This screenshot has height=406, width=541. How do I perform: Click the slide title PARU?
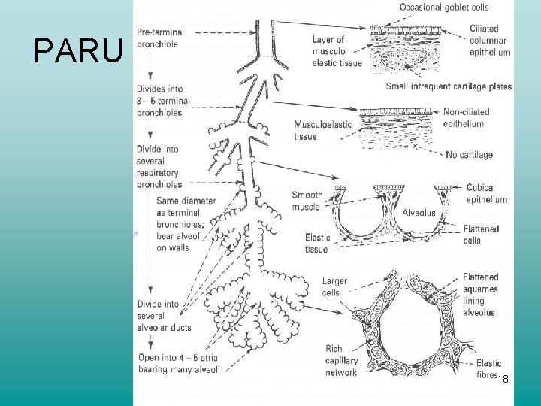[78, 51]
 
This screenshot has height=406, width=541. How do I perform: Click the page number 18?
[503, 380]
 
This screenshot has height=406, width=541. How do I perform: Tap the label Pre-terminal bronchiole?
[161, 38]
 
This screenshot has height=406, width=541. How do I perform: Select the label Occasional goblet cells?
[444, 8]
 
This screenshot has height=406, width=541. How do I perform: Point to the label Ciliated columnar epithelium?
[488, 41]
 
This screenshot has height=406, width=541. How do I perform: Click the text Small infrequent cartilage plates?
[449, 86]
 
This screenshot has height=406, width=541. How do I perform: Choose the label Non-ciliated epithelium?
[466, 117]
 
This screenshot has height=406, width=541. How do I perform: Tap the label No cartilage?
[468, 155]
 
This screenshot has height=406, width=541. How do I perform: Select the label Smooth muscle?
[307, 201]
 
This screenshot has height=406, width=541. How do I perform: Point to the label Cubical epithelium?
[487, 194]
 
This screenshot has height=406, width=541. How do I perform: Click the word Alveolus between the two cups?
[419, 213]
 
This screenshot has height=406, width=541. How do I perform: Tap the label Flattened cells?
[481, 235]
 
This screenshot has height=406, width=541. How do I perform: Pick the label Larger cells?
[335, 287]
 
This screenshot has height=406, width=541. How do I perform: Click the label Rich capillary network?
[340, 361]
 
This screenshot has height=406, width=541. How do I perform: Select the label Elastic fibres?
[490, 368]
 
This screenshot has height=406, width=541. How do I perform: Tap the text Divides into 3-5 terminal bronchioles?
[163, 101]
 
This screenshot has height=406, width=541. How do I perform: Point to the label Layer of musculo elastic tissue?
[336, 51]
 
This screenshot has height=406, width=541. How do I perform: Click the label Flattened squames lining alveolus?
[480, 295]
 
